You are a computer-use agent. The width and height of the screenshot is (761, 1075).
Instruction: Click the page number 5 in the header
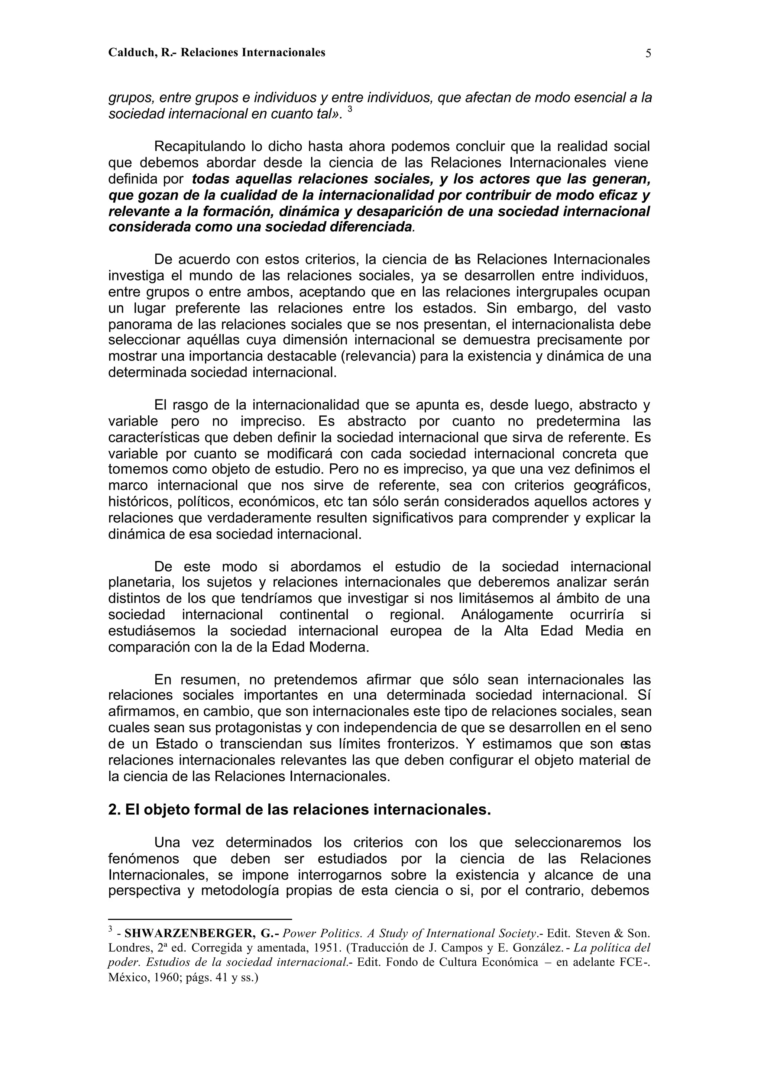click(x=648, y=54)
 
